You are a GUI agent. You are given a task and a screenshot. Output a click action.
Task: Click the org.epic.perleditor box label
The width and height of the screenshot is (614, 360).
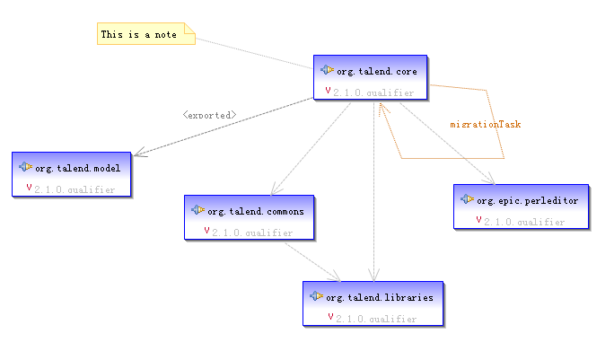(x=527, y=200)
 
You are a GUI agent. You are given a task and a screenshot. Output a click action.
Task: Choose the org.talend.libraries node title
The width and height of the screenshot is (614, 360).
(x=380, y=296)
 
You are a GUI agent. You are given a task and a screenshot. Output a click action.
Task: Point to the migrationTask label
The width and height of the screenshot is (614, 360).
(x=485, y=124)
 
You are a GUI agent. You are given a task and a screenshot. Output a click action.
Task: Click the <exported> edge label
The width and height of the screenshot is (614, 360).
(x=209, y=115)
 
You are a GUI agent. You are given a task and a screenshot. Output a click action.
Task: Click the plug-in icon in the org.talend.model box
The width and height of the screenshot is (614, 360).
(x=26, y=167)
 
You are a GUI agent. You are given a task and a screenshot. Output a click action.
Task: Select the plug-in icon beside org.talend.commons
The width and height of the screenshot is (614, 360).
(x=197, y=210)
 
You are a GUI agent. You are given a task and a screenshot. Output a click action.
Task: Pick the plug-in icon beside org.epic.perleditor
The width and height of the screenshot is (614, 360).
(x=468, y=199)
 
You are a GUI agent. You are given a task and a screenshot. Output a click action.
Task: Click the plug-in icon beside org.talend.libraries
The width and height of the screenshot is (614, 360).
(x=316, y=295)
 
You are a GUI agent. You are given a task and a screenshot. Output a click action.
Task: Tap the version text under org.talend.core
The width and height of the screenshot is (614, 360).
(x=373, y=92)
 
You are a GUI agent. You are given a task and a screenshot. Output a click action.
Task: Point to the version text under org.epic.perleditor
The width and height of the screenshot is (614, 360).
(x=524, y=221)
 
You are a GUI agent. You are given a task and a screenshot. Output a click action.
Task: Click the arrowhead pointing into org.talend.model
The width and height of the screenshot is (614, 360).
(x=137, y=149)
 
